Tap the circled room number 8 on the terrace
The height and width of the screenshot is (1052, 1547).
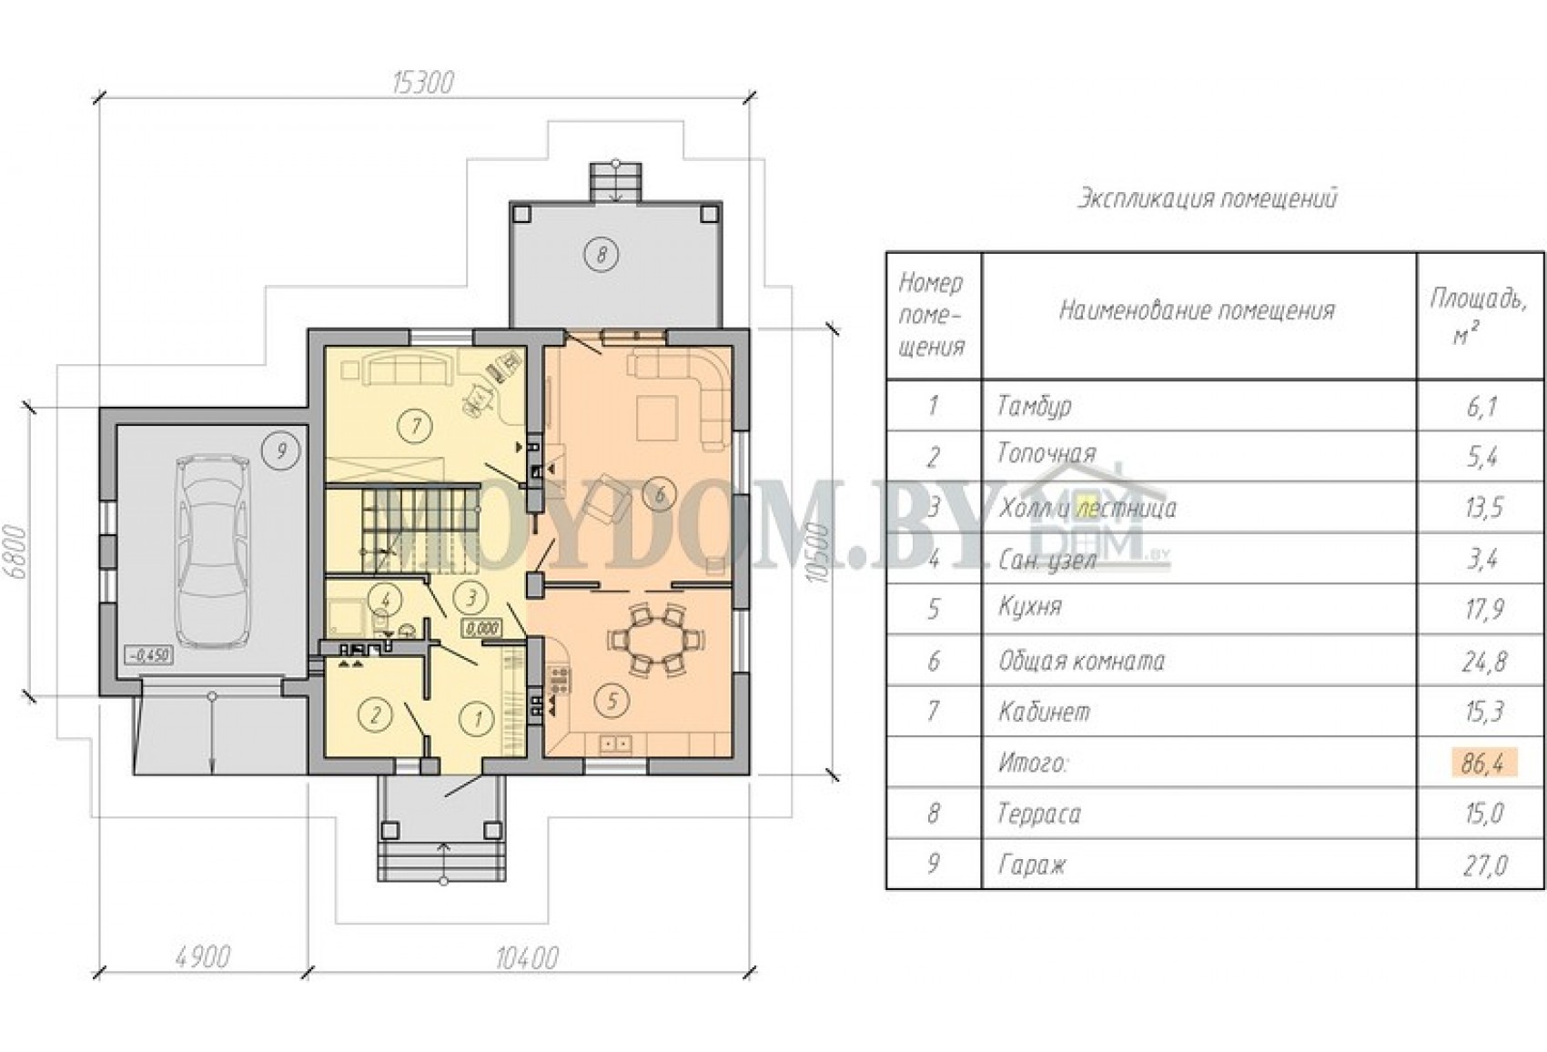point(601,255)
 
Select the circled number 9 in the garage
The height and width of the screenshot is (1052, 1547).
point(281,451)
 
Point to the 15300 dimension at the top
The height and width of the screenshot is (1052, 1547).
point(423,84)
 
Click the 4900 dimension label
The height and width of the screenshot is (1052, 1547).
point(202,957)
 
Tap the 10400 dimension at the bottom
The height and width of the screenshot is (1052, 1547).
point(527,958)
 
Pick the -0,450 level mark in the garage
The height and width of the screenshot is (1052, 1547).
point(147,655)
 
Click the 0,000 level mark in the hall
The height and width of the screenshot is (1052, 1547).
point(481,629)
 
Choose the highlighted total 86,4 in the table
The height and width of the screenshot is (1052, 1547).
point(1483,764)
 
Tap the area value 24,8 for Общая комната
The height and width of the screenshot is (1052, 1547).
point(1483,662)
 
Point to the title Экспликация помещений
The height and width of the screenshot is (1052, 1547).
point(1208,199)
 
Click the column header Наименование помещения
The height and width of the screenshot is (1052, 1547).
point(1197,311)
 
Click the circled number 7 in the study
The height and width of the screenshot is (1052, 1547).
point(415,426)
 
